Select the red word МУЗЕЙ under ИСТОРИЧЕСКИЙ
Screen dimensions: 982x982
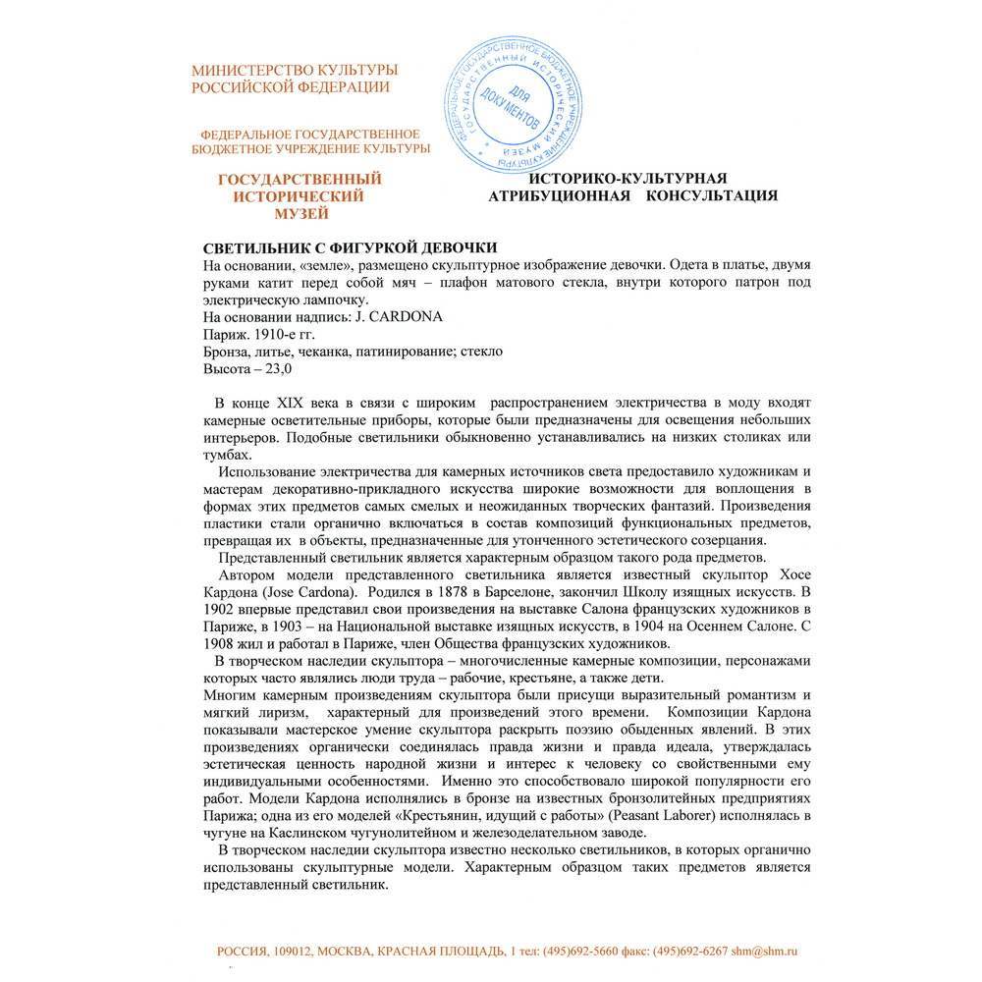coord(299,213)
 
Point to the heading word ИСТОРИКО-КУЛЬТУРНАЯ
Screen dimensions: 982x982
coord(628,178)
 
